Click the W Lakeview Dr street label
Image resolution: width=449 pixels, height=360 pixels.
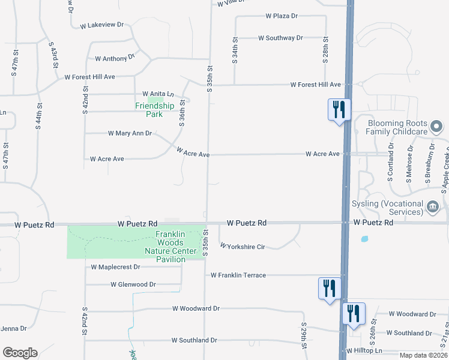coord(101,25)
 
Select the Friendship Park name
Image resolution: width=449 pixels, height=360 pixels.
coord(154,110)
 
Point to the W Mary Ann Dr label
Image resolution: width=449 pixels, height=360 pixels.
coord(130,133)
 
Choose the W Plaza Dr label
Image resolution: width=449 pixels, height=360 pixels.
coord(282,16)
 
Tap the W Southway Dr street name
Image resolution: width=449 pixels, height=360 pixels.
coord(280,38)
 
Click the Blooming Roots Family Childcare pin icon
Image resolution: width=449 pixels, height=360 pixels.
coord(436,127)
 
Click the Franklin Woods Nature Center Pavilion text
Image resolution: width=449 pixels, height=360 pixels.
coord(174,247)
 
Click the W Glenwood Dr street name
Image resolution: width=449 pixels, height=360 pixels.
coord(133,284)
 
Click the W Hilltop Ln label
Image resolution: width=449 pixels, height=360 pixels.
coord(364,350)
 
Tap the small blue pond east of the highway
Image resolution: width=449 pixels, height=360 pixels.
coord(364,239)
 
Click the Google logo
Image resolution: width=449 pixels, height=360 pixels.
coord(20,353)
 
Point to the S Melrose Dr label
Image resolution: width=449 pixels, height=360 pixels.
coord(411,155)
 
